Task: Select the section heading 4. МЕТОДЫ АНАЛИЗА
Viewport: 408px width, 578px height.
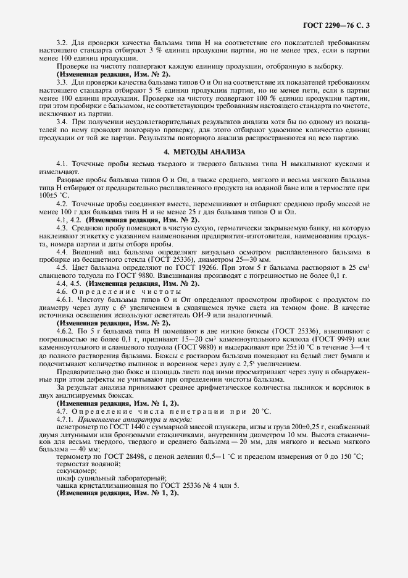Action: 204,151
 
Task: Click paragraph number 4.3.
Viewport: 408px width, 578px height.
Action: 62,227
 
